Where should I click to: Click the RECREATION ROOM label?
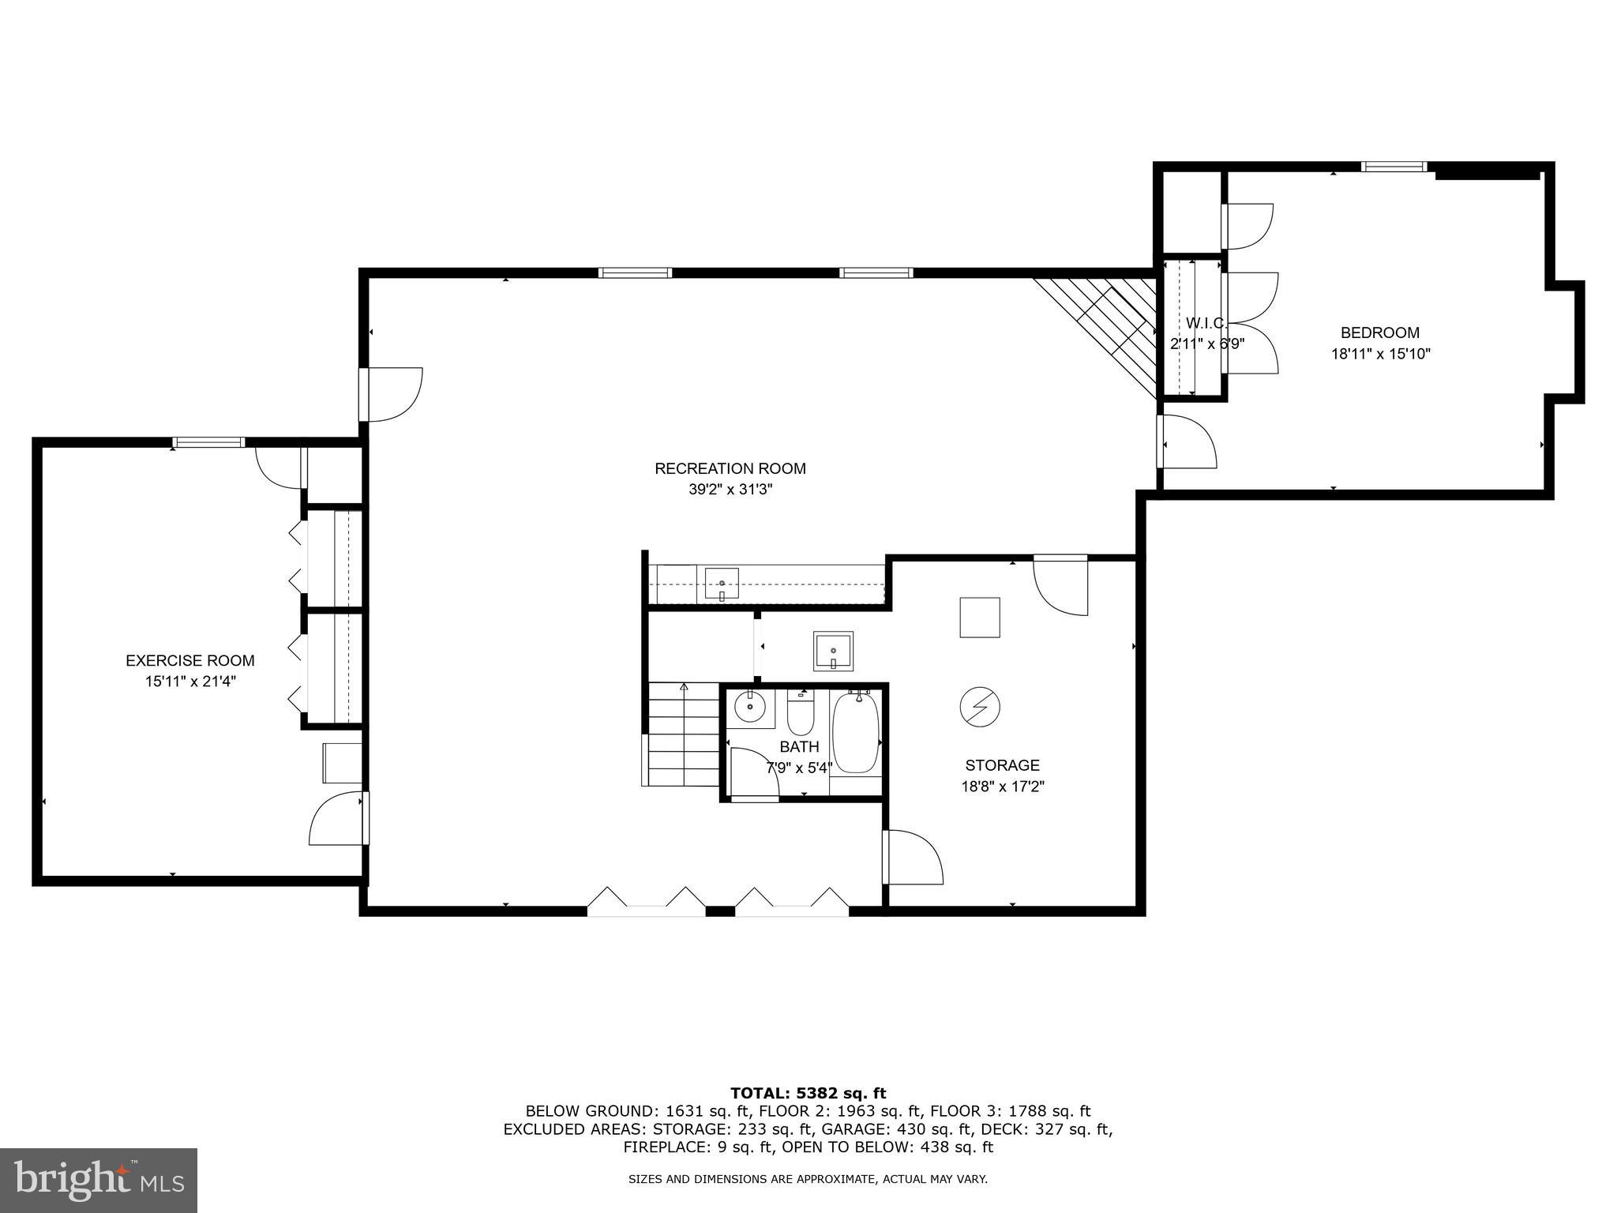(730, 468)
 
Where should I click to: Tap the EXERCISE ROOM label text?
(190, 661)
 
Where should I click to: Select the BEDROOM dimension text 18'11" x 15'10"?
(1380, 354)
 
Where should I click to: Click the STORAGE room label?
(1002, 765)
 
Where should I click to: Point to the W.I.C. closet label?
(1206, 323)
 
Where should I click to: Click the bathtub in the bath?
(856, 734)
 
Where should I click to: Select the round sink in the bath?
(749, 707)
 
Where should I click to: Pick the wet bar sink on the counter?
(722, 584)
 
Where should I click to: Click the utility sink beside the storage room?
(834, 651)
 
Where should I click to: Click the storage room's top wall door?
(1060, 584)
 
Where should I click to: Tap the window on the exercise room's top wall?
(209, 442)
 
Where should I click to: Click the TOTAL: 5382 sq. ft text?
(808, 1094)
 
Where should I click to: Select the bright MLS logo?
(98, 1179)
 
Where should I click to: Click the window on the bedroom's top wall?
(1394, 167)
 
